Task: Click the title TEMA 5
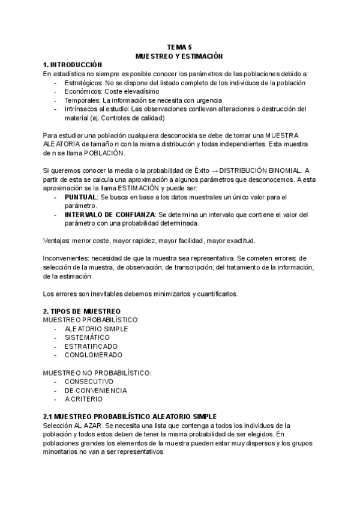click(x=179, y=47)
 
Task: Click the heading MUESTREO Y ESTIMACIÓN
click(x=179, y=56)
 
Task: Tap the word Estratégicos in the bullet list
click(x=83, y=83)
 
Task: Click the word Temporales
click(x=82, y=100)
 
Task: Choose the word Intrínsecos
click(x=82, y=109)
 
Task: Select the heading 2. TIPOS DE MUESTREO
click(x=82, y=311)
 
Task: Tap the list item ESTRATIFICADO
click(x=91, y=346)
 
